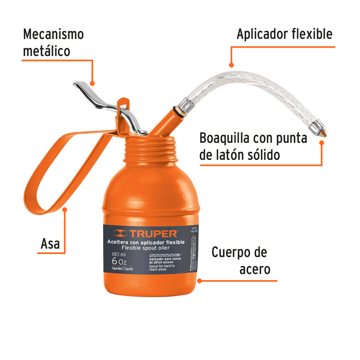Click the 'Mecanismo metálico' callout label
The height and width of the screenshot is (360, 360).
pos(53,42)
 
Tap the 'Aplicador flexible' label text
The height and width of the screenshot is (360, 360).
pos(284,34)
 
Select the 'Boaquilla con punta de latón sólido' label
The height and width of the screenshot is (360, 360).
pos(253,146)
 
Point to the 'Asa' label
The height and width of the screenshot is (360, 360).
pos(50,243)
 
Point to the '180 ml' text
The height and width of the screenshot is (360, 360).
pos(119,254)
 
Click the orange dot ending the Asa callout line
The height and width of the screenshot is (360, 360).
pos(65,209)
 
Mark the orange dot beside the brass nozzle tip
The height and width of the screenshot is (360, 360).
pos(322,142)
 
